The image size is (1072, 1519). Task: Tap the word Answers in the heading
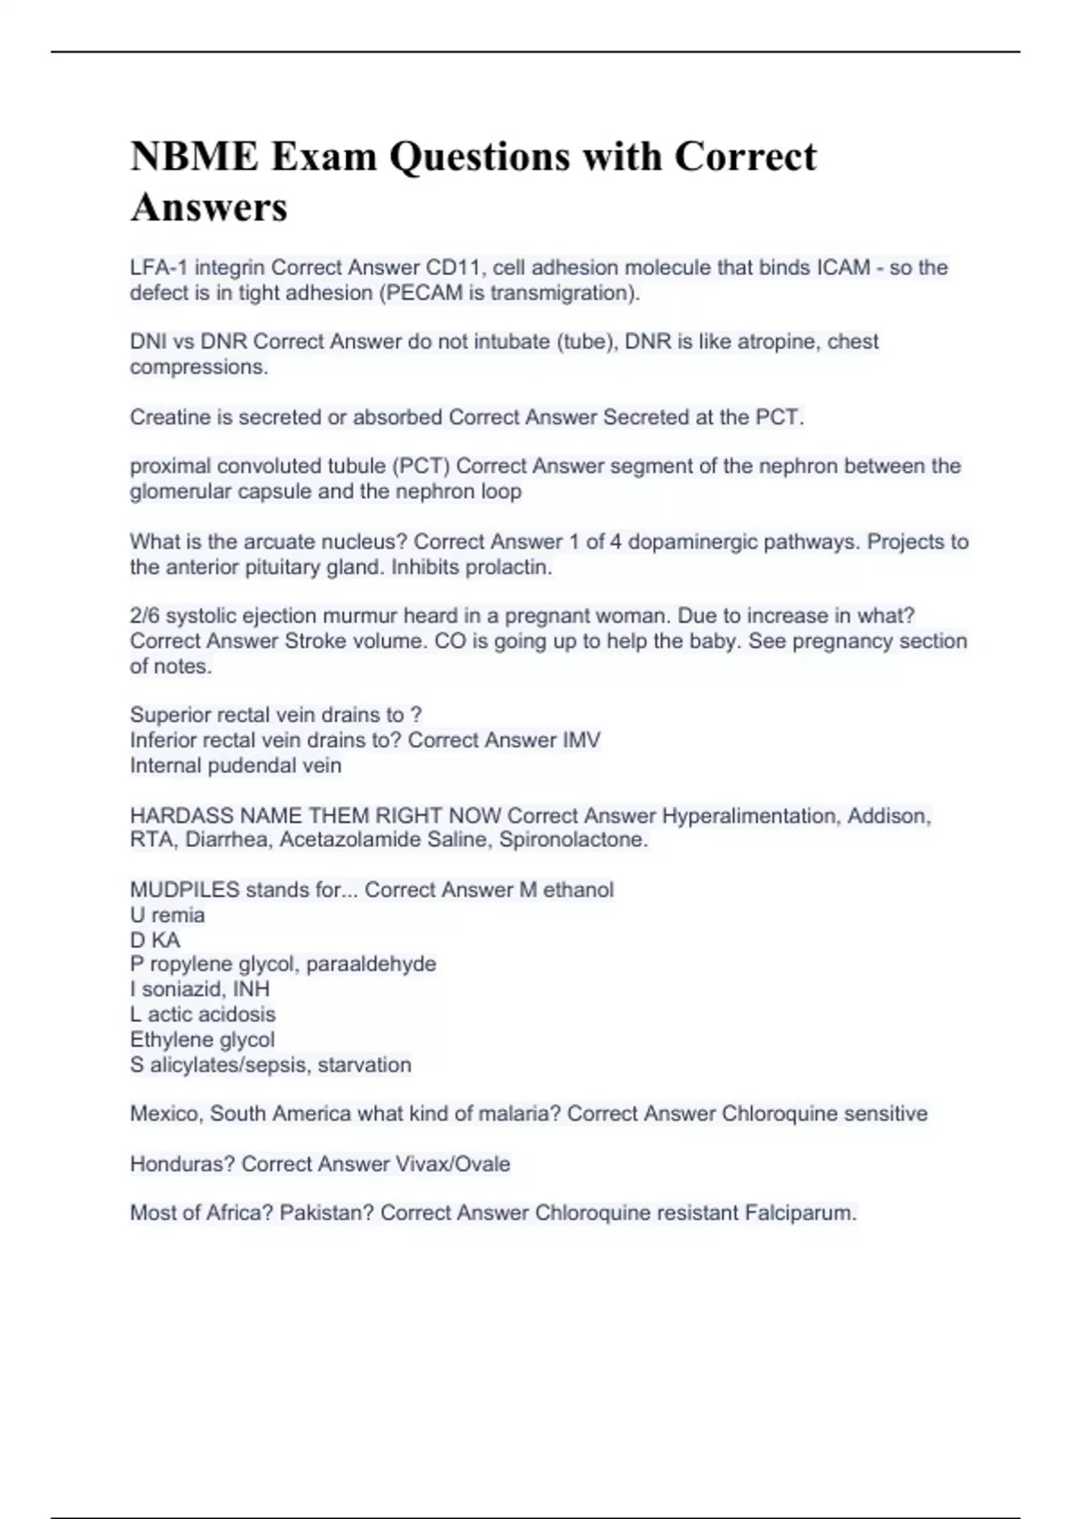[209, 207]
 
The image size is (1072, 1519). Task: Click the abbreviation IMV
[580, 740]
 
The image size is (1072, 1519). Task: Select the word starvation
[364, 1064]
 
